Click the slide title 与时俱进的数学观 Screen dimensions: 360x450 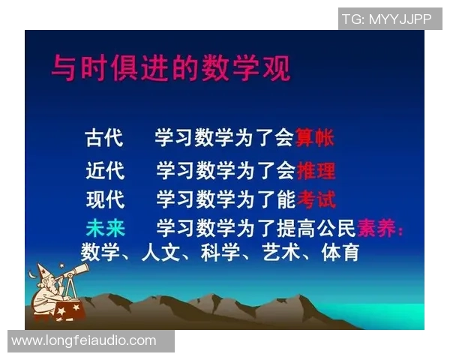click(170, 67)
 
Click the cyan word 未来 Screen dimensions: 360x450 click(105, 229)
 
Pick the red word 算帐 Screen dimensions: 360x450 click(314, 138)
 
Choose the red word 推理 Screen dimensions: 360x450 click(316, 170)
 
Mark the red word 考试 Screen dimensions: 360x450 click(316, 199)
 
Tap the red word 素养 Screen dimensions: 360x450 click(377, 229)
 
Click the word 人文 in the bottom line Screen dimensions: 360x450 click(160, 252)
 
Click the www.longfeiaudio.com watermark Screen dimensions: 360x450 click(84, 341)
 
